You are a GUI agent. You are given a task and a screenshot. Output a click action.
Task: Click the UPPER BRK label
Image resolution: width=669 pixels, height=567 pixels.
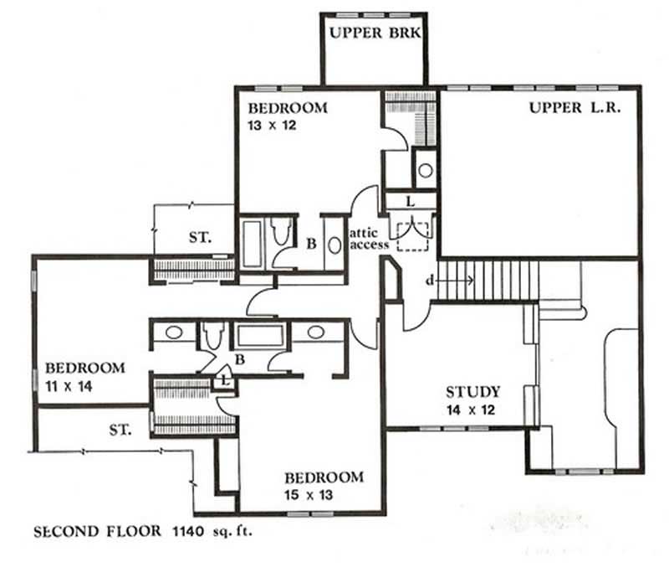[374, 34]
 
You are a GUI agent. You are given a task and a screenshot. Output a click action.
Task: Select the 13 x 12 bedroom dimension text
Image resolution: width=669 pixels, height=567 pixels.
[273, 126]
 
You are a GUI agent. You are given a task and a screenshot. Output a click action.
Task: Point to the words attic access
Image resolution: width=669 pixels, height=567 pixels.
[369, 238]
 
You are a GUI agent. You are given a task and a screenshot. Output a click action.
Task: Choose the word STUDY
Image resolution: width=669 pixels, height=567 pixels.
[473, 391]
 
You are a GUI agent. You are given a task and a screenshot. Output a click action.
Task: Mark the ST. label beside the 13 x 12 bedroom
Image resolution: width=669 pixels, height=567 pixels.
[199, 237]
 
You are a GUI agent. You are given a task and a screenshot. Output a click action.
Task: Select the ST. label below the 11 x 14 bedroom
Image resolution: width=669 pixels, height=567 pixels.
[122, 430]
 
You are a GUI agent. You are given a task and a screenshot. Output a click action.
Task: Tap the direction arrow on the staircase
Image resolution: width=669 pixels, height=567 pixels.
[459, 280]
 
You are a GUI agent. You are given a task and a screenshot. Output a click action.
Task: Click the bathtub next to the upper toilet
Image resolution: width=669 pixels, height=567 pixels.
[252, 243]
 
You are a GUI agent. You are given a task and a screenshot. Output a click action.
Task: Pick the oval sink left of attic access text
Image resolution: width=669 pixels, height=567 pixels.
[334, 246]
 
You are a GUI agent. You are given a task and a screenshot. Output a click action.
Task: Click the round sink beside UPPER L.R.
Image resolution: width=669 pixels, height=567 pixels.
[426, 171]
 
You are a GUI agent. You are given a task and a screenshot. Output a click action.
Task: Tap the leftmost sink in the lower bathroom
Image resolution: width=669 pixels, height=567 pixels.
[173, 332]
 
